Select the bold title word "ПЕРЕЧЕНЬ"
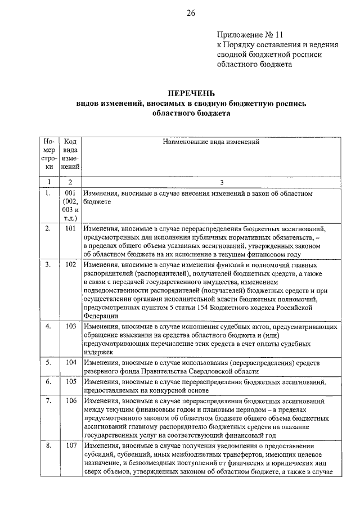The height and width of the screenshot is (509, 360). (191, 93)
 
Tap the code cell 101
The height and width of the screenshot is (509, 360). (70, 228)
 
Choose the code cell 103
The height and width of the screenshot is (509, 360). (70, 326)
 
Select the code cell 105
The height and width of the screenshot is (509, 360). (70, 381)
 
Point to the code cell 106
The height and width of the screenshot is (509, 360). (70, 402)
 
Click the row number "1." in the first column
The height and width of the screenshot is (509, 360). (48, 193)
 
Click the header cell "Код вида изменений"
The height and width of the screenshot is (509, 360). (70, 155)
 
